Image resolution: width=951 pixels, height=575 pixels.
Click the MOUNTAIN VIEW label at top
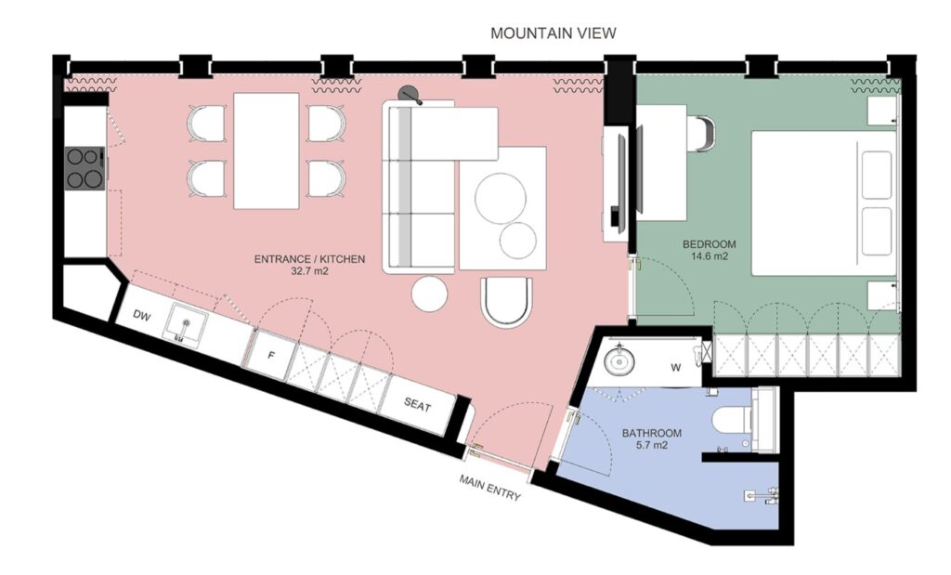coord(553,33)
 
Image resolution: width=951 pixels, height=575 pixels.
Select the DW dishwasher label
coord(141,316)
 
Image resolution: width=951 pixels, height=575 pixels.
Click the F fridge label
coord(271,354)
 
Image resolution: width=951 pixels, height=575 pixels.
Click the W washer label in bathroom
coord(677,367)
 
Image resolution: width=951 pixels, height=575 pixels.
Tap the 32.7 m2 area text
coord(310,272)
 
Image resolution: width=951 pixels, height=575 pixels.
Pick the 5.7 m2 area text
coord(652,446)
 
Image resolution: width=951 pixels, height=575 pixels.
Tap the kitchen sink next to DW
coord(186,326)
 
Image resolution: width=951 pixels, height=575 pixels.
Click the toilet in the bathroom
coord(734,422)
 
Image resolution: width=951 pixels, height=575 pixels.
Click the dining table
coord(267,150)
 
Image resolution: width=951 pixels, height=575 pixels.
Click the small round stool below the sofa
coord(430,294)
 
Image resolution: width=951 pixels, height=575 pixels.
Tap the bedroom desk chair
coord(701,132)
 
